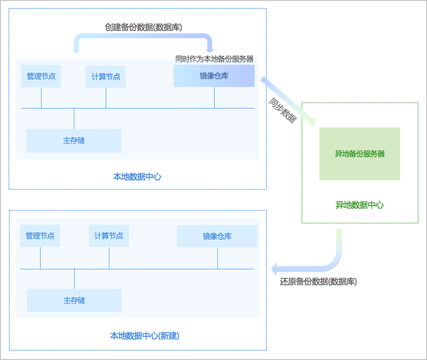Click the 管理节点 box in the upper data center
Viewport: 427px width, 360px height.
coord(41,76)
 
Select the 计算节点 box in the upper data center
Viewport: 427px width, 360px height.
coord(105,76)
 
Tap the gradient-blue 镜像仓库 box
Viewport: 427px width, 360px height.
coord(214,76)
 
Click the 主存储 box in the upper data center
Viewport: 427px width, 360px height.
coord(73,140)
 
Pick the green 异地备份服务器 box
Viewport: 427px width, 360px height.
coord(360,154)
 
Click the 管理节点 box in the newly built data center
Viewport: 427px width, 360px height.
coord(40,236)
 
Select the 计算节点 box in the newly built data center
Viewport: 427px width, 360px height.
coord(108,236)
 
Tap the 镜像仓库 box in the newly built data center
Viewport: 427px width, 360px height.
coord(217,236)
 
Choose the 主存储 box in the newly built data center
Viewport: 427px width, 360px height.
coord(74,300)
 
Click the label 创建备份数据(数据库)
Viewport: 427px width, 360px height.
coord(144,27)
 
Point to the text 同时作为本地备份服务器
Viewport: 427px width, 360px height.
coord(214,59)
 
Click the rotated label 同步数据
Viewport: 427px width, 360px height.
coord(282,111)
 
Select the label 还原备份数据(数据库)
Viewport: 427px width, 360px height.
coord(318,281)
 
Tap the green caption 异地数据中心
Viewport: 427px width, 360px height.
coord(360,205)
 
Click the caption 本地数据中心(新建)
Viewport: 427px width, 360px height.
coord(144,336)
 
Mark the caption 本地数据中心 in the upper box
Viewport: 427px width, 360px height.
coord(137,176)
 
